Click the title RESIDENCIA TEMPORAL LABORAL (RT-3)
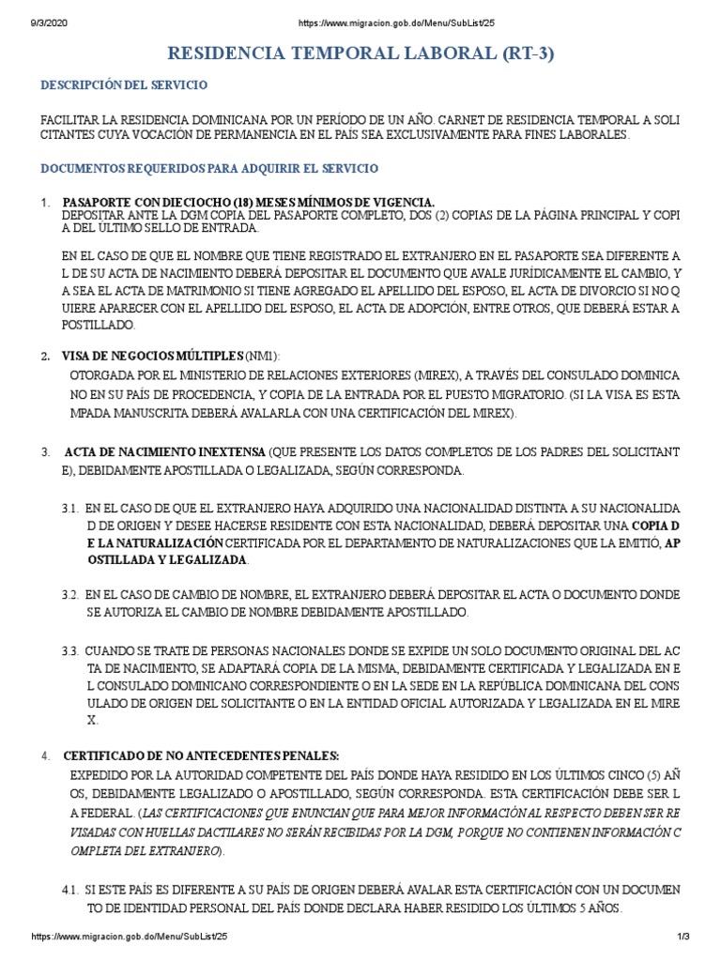coord(360,53)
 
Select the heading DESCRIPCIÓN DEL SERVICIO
coord(123,85)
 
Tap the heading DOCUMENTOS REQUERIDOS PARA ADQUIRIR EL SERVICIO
coord(208,168)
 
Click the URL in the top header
coord(385,9)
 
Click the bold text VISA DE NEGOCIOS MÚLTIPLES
coord(152,356)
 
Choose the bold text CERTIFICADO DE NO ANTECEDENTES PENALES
coord(201,755)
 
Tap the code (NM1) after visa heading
coord(262,356)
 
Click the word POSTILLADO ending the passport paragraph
coord(100,325)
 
